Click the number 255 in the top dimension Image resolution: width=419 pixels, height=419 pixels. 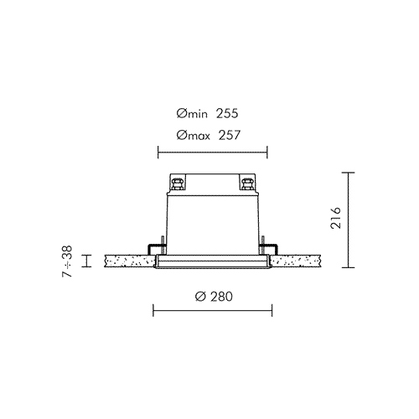[x=227, y=113]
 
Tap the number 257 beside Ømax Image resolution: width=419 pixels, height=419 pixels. [x=229, y=135]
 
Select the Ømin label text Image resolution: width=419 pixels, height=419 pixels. [x=192, y=114]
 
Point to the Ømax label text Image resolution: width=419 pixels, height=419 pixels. [x=193, y=136]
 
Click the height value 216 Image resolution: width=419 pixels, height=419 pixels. [x=336, y=218]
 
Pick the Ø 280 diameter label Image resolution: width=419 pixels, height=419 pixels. [x=214, y=297]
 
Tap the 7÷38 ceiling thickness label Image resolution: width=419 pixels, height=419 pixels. [x=67, y=261]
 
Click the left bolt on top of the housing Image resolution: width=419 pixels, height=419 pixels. [x=178, y=184]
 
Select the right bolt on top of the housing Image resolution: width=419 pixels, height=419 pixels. [x=247, y=184]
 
